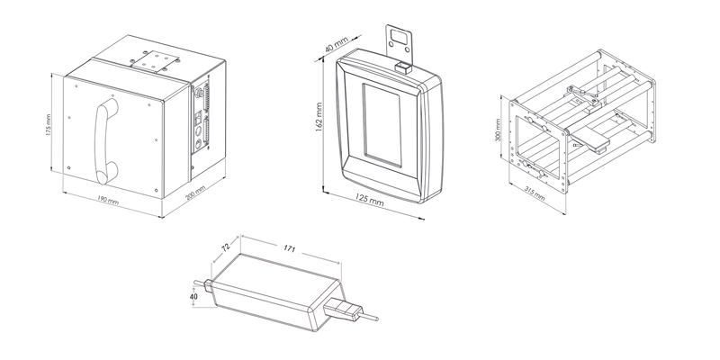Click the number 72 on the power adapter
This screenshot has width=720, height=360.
(x=227, y=245)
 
